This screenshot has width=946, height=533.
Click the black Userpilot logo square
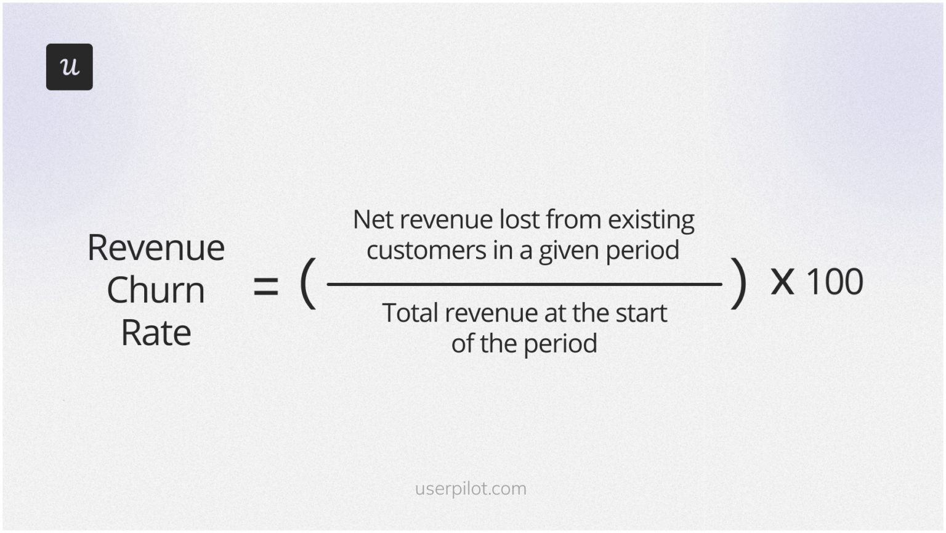pyautogui.click(x=69, y=67)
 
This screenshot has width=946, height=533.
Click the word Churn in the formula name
pyautogui.click(x=156, y=290)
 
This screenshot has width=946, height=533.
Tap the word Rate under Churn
pyautogui.click(x=156, y=333)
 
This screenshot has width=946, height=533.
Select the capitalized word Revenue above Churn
pyautogui.click(x=156, y=248)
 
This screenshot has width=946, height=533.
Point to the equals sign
pyautogui.click(x=265, y=287)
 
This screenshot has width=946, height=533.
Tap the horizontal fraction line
pyautogui.click(x=524, y=284)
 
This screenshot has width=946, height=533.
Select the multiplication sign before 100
pyautogui.click(x=782, y=282)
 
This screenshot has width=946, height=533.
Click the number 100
pyautogui.click(x=834, y=282)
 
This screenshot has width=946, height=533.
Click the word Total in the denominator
pyautogui.click(x=410, y=313)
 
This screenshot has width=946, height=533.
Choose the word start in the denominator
pyautogui.click(x=641, y=313)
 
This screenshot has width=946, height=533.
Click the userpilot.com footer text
pyautogui.click(x=471, y=489)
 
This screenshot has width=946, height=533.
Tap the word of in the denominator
pyautogui.click(x=462, y=343)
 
